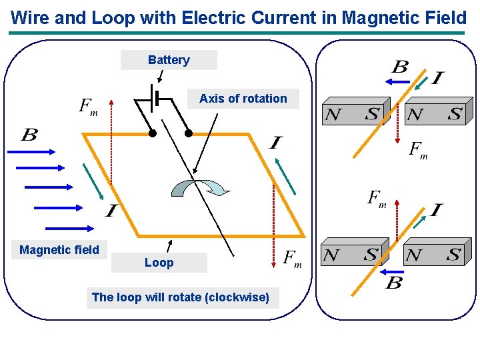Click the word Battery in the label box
tap(169, 60)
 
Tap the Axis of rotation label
tap(243, 99)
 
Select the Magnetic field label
tap(59, 250)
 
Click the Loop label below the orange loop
tap(159, 263)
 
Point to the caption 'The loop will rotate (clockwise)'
tap(181, 297)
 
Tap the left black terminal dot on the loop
tap(152, 133)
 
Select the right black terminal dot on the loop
tap(189, 133)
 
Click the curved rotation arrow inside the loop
tap(199, 187)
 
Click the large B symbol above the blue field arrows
tap(29, 135)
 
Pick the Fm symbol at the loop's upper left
tap(88, 106)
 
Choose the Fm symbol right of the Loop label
tap(293, 258)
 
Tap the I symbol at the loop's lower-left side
tap(110, 211)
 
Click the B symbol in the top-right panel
tap(399, 67)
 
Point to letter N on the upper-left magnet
tap(333, 115)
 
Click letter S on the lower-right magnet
tap(453, 255)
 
